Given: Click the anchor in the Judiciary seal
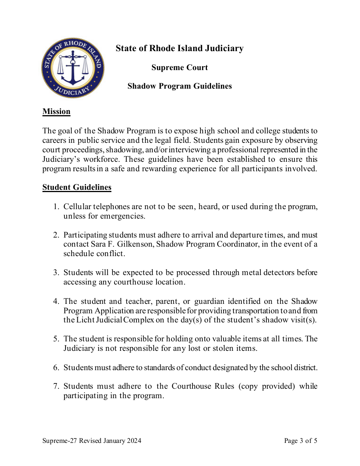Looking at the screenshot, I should coord(73,68).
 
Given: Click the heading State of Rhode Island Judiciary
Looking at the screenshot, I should coord(179,48).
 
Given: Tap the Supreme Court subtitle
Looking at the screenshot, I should coord(180,67).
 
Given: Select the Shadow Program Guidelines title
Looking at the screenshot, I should coord(180,86).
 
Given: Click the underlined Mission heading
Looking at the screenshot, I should coord(56,111).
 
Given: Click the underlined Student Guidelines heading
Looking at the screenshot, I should coord(77,187).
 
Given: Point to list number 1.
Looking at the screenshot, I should coord(56,207).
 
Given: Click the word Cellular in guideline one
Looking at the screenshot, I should coord(77,207).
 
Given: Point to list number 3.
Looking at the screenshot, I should coord(56,273).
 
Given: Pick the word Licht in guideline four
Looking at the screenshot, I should coord(85,320).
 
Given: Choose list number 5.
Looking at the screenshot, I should coord(56,339).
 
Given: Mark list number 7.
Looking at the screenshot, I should coord(56,386).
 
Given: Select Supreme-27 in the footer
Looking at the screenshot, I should coord(58,441).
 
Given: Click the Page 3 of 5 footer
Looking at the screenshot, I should coord(301,441).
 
